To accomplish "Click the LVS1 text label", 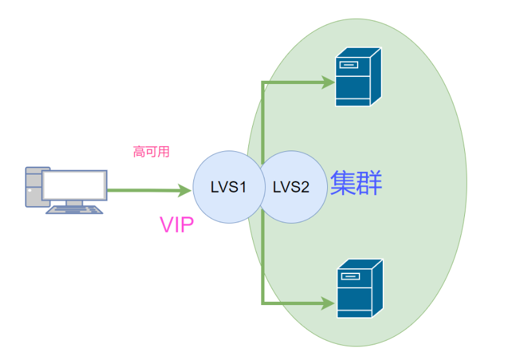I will [x=228, y=187].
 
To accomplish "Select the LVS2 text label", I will [x=290, y=187].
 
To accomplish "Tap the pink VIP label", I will [x=176, y=225].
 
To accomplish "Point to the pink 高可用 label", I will [x=151, y=152].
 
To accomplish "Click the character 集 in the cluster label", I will [x=343, y=184].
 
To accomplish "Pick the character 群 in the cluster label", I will [x=370, y=184].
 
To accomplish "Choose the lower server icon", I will [x=359, y=288].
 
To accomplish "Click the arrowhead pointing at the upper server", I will [x=328, y=82].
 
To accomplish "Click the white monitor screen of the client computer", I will [x=74, y=185].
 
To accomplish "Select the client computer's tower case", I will [x=32, y=187].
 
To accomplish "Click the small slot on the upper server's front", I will [x=350, y=64].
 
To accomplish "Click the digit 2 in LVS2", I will [x=305, y=187].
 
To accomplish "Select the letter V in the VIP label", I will [x=166, y=225].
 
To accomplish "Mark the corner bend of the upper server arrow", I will [x=262, y=83].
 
